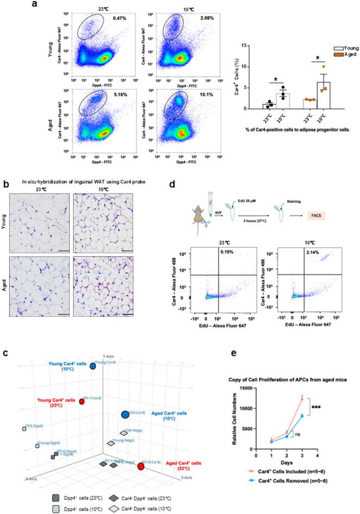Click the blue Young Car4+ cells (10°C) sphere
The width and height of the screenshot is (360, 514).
tap(92, 367)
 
